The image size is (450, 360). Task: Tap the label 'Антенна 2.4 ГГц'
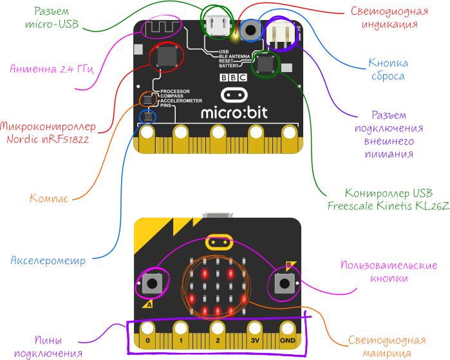(x=52, y=70)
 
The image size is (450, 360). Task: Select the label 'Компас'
(x=49, y=198)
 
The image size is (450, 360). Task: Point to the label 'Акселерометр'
(x=48, y=261)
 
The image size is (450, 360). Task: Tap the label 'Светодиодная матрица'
(x=388, y=347)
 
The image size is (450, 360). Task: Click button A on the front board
(x=153, y=282)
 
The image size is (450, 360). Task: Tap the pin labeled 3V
(x=254, y=339)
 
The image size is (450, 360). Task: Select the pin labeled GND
(x=288, y=339)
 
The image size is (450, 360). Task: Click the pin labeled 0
(x=147, y=339)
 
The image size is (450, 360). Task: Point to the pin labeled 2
(x=218, y=339)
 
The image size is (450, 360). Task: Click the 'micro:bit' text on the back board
(x=233, y=113)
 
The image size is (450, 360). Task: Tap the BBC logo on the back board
(x=233, y=78)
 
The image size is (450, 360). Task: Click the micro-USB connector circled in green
(x=216, y=24)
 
